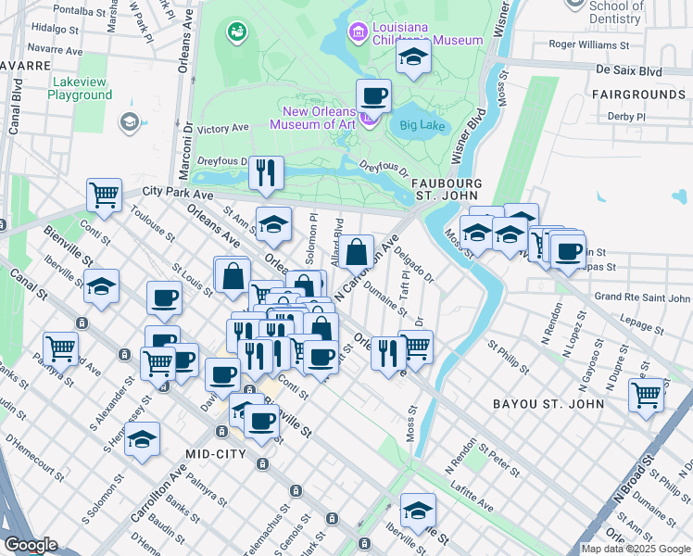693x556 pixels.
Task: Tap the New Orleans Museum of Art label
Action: pyautogui.click(x=314, y=117)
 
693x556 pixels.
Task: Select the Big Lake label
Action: pyautogui.click(x=422, y=125)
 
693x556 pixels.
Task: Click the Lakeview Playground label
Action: pyautogui.click(x=79, y=88)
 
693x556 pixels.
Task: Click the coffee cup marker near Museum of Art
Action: pyautogui.click(x=373, y=96)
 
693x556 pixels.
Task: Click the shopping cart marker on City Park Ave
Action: pyautogui.click(x=104, y=196)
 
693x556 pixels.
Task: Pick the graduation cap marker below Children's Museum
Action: pyautogui.click(x=413, y=57)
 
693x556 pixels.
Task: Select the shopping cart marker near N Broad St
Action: pyautogui.click(x=646, y=394)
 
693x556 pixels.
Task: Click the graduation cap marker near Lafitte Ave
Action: pyautogui.click(x=418, y=511)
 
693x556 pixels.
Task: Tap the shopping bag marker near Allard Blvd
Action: pyautogui.click(x=356, y=251)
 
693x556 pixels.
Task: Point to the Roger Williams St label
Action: pyautogui.click(x=588, y=44)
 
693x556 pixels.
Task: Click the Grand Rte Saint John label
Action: pyautogui.click(x=642, y=297)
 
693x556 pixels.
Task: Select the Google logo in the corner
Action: pyautogui.click(x=31, y=545)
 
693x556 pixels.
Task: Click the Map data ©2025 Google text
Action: pyautogui.click(x=636, y=549)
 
